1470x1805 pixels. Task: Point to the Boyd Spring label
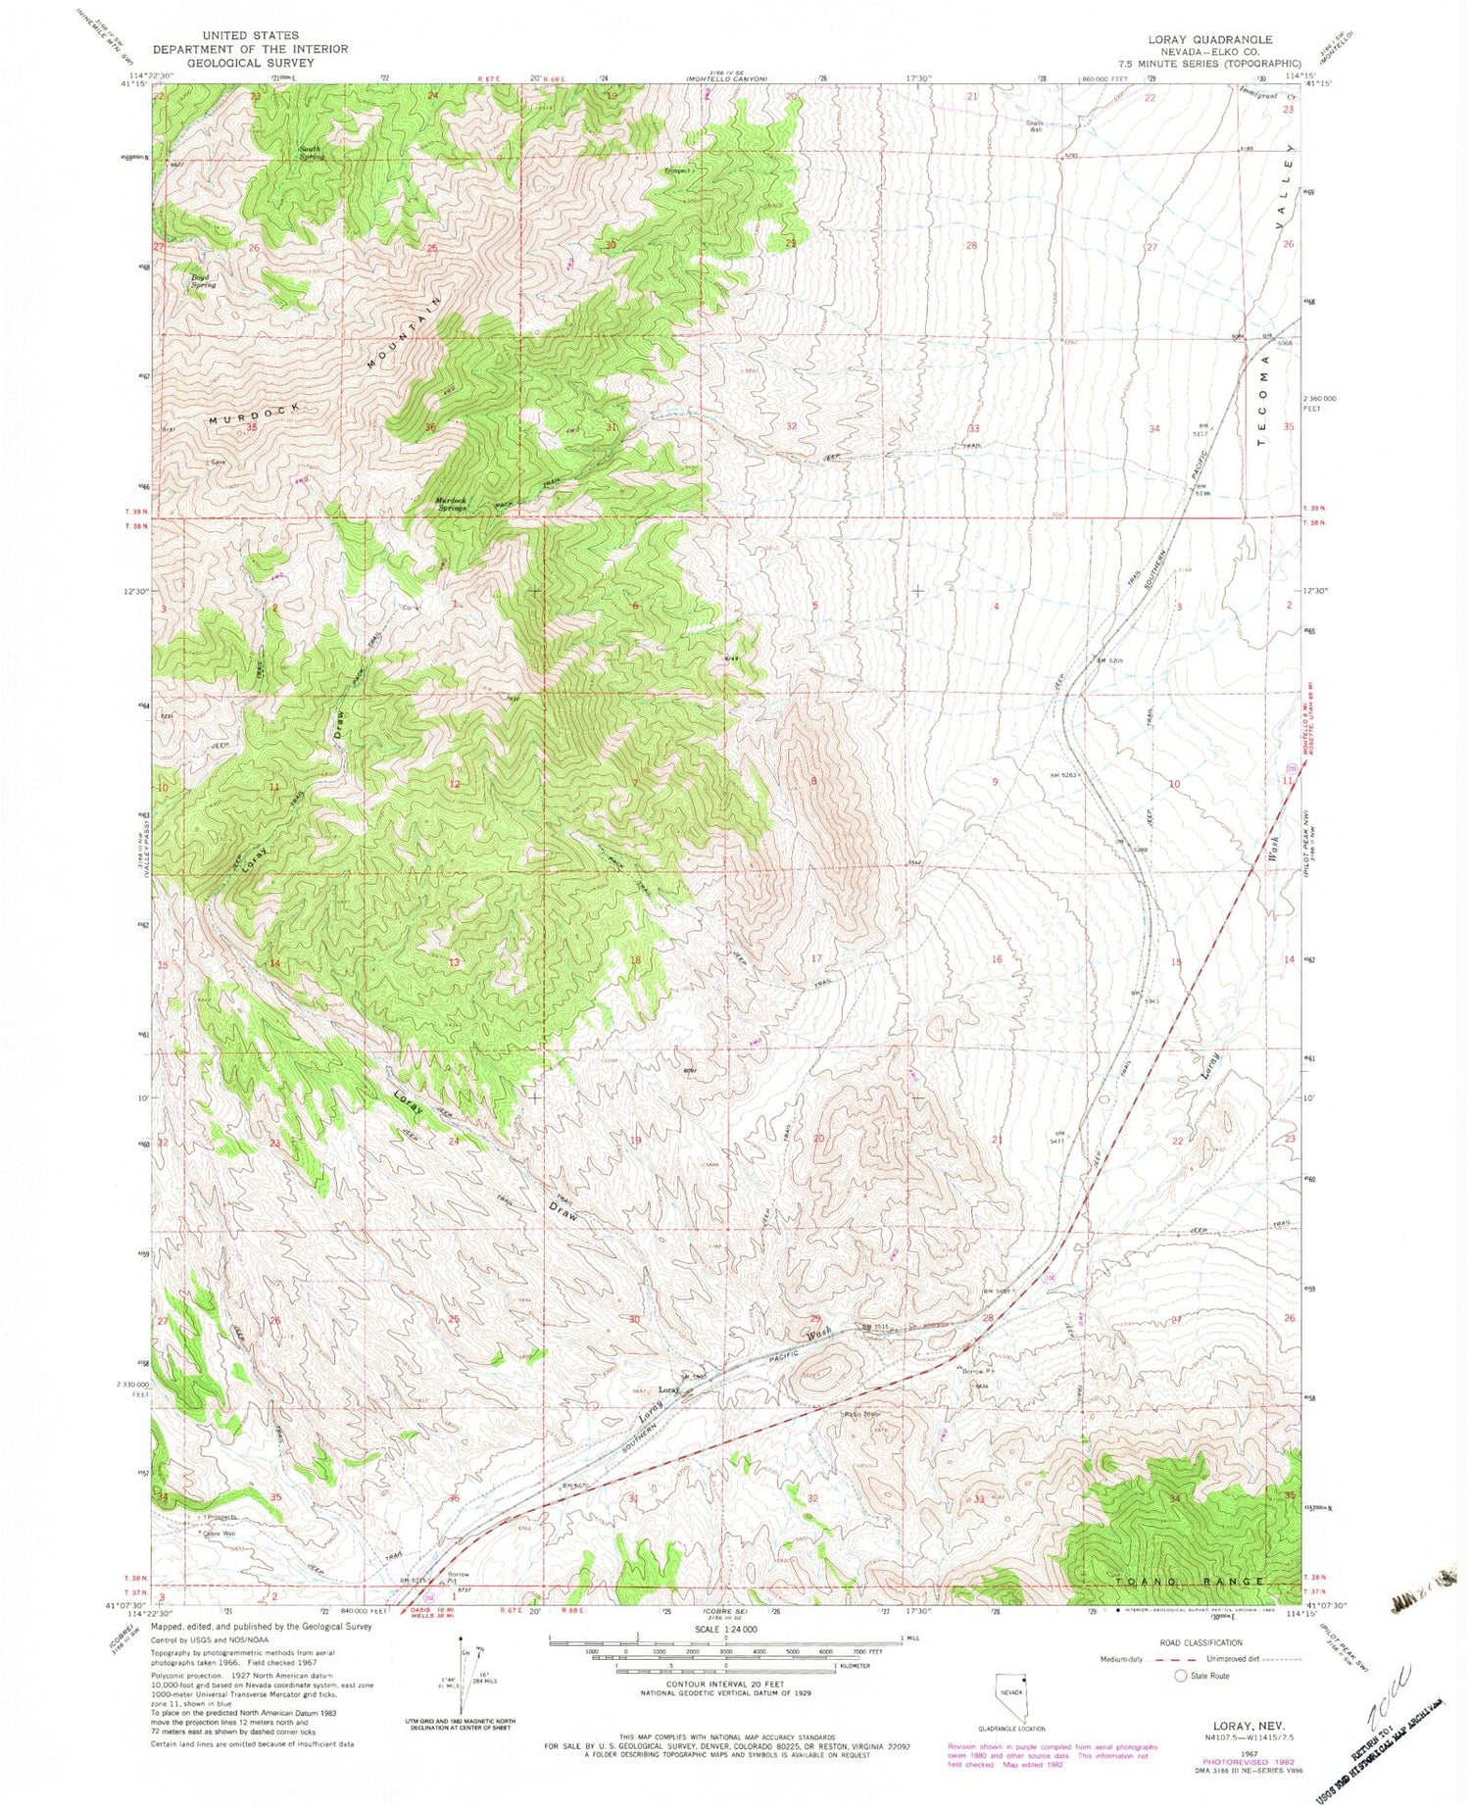(203, 280)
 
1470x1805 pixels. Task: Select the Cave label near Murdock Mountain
(218, 462)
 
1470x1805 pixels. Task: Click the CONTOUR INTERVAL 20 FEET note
(725, 1683)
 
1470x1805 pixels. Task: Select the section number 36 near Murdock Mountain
(429, 427)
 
